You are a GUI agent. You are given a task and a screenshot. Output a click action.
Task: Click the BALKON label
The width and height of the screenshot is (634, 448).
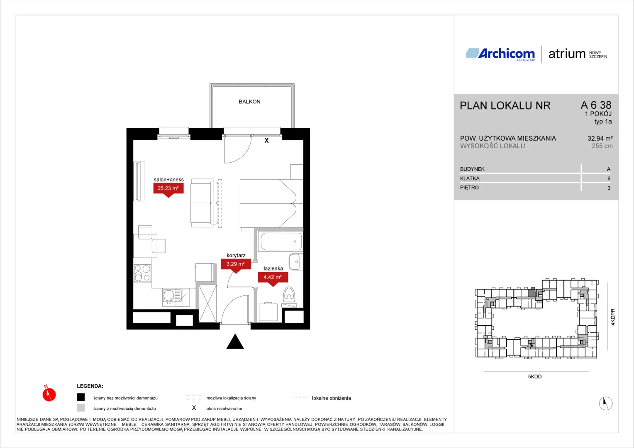coord(249,102)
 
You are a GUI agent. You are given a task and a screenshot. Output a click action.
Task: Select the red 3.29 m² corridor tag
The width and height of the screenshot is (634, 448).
coord(236,265)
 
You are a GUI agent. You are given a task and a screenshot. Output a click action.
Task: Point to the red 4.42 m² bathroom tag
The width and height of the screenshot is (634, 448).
coord(273,278)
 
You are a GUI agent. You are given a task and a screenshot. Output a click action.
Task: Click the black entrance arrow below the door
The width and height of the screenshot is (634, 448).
coord(235,341)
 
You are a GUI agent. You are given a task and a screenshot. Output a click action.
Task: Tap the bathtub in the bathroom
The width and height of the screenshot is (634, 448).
coord(281,241)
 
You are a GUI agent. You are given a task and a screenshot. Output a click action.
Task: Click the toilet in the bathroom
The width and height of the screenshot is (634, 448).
coord(289,294)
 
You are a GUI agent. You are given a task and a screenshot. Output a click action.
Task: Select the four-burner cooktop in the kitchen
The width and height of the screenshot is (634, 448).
coord(142,273)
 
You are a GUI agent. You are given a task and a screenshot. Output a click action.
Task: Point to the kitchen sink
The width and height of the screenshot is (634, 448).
coord(169,296)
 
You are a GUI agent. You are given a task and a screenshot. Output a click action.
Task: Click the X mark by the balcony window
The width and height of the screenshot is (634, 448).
coord(266,140)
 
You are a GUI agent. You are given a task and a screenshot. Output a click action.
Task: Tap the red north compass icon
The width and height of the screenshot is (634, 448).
coord(49,394)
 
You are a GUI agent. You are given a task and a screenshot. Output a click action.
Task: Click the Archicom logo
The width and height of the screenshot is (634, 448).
coord(500,54)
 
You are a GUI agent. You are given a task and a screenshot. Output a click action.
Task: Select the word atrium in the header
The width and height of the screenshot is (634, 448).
coord(567,54)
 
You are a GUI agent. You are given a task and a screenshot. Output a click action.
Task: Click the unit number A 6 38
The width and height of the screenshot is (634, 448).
coord(596,105)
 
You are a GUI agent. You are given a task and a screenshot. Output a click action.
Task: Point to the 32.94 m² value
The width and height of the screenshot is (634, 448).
coord(600,139)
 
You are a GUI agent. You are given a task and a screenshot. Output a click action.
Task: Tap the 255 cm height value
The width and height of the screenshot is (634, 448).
coord(602,146)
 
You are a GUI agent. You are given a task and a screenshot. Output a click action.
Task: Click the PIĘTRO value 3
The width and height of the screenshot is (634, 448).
coord(609,188)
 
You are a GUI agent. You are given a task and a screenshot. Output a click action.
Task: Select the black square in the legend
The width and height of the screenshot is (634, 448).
coord(81,397)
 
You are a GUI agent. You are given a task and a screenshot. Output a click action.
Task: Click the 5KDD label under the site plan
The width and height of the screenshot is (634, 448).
coord(535,377)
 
